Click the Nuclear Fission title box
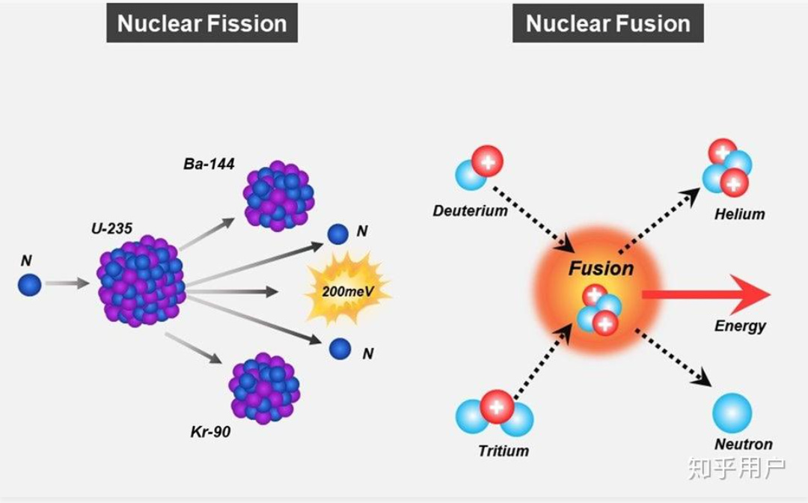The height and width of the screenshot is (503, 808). [x=202, y=23]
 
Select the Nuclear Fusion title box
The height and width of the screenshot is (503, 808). [x=608, y=23]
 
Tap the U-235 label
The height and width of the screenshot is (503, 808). [x=111, y=228]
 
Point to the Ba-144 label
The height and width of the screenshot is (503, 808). [x=209, y=164]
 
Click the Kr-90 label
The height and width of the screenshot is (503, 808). [x=210, y=431]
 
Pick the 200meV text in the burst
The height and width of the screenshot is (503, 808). [x=348, y=292]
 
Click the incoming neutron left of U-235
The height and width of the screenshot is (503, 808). [x=29, y=284]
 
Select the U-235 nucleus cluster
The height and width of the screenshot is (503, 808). [x=141, y=281]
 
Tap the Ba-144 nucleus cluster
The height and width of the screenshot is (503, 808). [x=278, y=196]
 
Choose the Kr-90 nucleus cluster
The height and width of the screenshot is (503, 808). [x=264, y=388]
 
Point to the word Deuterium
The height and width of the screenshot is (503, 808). [x=470, y=211]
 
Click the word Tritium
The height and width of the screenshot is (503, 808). [x=504, y=451]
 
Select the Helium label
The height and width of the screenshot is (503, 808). [x=739, y=214]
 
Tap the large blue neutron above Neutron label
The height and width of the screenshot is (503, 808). [x=732, y=413]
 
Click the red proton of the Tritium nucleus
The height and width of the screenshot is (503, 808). [x=497, y=406]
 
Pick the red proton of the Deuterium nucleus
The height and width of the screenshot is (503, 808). [x=487, y=162]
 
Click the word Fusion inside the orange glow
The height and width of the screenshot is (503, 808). [x=601, y=269]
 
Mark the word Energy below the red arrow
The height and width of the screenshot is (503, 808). [x=740, y=326]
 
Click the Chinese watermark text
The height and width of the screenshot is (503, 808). [x=737, y=468]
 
